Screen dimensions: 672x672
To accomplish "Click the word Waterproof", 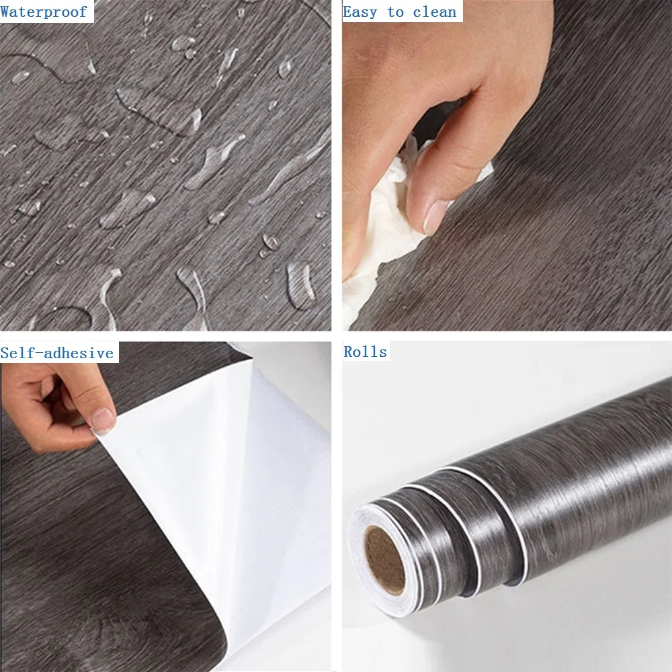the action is [44, 11].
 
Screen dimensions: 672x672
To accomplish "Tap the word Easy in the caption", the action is [360, 12].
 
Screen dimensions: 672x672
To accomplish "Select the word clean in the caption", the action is [435, 12].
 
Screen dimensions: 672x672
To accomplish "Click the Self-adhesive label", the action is [57, 353].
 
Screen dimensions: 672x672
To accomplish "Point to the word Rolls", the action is [365, 351].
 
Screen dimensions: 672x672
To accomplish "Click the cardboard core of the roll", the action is [384, 559].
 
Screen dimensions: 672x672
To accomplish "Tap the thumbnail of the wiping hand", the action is [507, 165].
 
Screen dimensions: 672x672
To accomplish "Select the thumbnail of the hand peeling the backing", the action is [165, 507].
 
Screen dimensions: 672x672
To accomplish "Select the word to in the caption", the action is [395, 12].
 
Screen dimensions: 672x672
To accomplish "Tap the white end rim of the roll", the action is [377, 561].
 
